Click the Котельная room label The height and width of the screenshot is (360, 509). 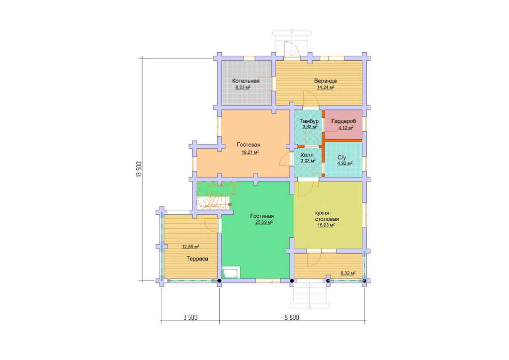pyautogui.click(x=246, y=81)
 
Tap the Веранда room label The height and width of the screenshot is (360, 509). pyautogui.click(x=325, y=81)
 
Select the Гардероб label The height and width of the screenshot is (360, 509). pyautogui.click(x=344, y=121)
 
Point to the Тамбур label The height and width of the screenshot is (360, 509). pyautogui.click(x=309, y=121)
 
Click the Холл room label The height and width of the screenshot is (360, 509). pyautogui.click(x=307, y=155)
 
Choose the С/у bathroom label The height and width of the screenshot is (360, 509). pyautogui.click(x=342, y=158)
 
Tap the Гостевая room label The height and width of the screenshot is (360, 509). pyautogui.click(x=249, y=145)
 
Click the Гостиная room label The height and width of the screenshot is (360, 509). pyautogui.click(x=262, y=216)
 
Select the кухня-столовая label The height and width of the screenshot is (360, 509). pyautogui.click(x=327, y=216)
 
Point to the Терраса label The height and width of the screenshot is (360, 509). pyautogui.click(x=197, y=259)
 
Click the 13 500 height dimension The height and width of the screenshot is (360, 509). pyautogui.click(x=139, y=169)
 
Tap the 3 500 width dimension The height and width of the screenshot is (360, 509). pyautogui.click(x=190, y=317)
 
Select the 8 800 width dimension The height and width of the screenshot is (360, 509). pyautogui.click(x=292, y=317)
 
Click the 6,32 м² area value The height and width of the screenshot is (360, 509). pyautogui.click(x=348, y=273)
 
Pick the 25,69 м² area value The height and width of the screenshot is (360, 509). pyautogui.click(x=264, y=222)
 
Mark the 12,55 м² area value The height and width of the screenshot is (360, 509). pyautogui.click(x=190, y=247)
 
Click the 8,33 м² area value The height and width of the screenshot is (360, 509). pyautogui.click(x=243, y=88)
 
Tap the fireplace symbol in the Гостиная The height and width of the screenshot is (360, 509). pyautogui.click(x=231, y=272)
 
